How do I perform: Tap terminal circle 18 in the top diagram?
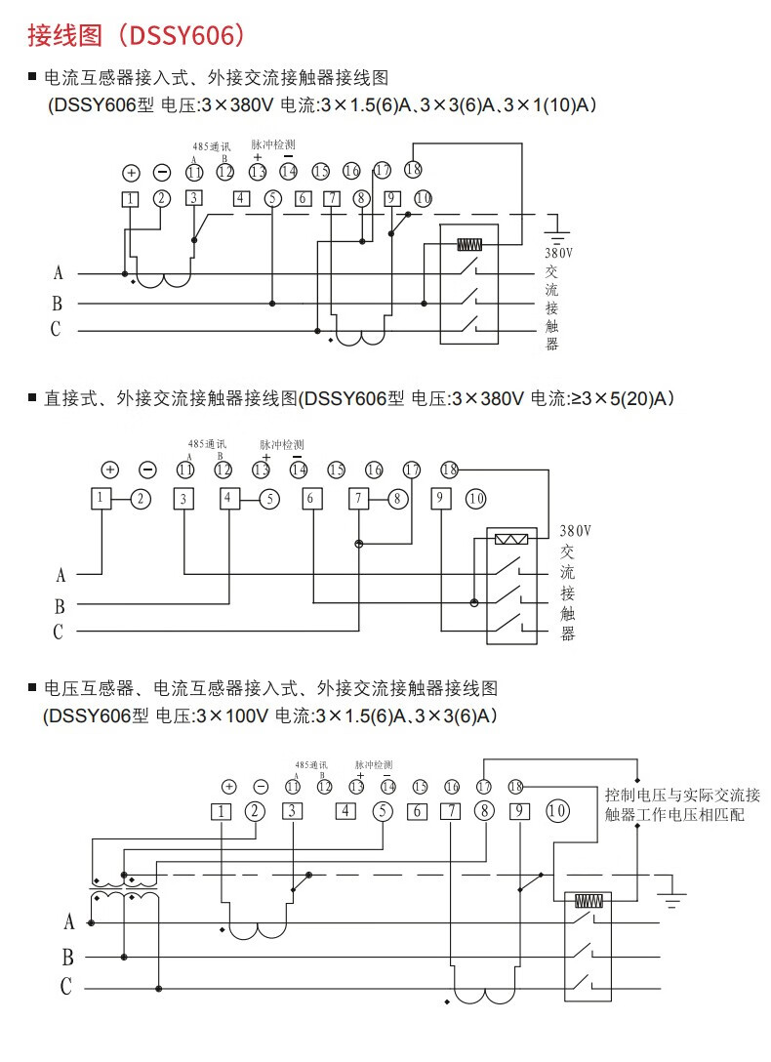(x=413, y=169)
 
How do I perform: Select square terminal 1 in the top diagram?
(x=131, y=199)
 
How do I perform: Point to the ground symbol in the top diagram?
(x=558, y=231)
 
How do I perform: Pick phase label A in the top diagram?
(x=58, y=273)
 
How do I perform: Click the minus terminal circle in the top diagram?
(x=162, y=173)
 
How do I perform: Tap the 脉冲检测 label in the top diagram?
(x=273, y=143)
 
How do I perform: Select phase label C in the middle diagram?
(x=58, y=633)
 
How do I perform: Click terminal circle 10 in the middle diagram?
(x=475, y=499)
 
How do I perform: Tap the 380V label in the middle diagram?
(x=576, y=532)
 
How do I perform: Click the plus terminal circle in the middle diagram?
(x=109, y=470)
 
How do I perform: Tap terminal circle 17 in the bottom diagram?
(x=485, y=786)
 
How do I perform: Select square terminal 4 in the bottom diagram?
(x=345, y=810)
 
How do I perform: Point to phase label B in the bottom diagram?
(x=67, y=956)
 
